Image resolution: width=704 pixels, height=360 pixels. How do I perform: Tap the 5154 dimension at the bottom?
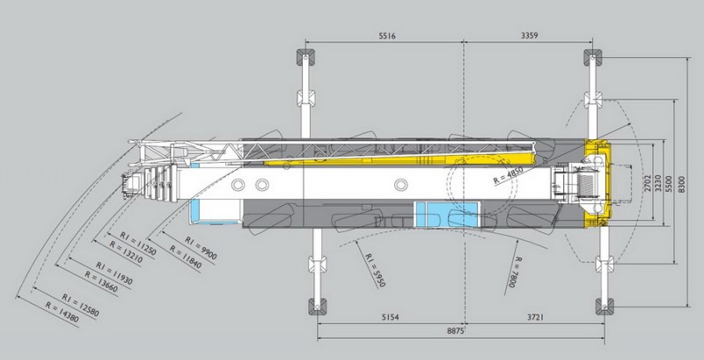coord(388,315)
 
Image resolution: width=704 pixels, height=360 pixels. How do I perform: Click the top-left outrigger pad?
coord(304,60)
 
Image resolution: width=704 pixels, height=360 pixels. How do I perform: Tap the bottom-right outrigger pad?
coord(605,305)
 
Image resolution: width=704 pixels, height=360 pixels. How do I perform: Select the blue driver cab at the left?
coord(208,213)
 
